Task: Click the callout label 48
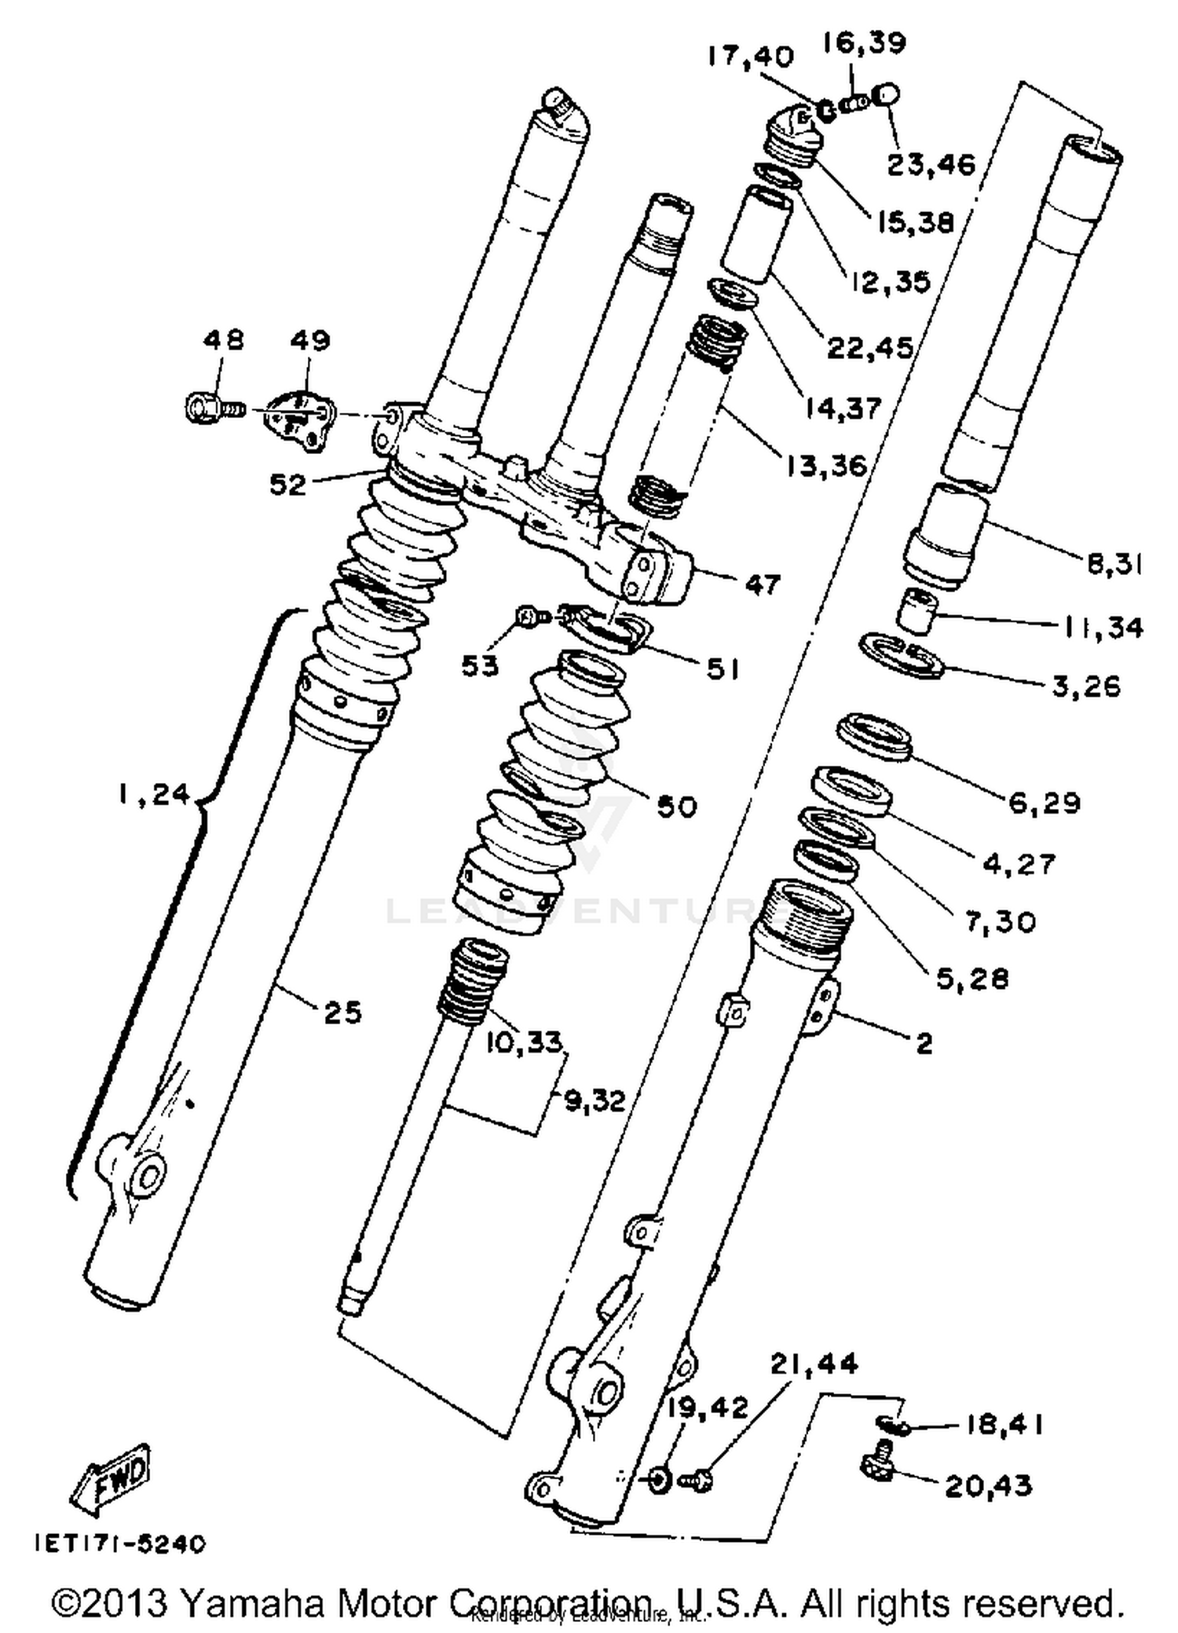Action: (223, 340)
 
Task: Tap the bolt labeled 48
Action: (212, 408)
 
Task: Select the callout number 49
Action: (309, 340)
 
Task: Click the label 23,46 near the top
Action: (931, 165)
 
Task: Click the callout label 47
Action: (762, 584)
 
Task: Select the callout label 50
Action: (676, 806)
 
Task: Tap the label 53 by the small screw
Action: (479, 666)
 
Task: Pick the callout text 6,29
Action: (1044, 803)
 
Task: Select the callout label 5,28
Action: (972, 979)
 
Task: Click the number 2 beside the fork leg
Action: (924, 1043)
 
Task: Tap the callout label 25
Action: (342, 1012)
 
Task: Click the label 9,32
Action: (595, 1101)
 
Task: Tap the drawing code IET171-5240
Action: (119, 1543)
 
